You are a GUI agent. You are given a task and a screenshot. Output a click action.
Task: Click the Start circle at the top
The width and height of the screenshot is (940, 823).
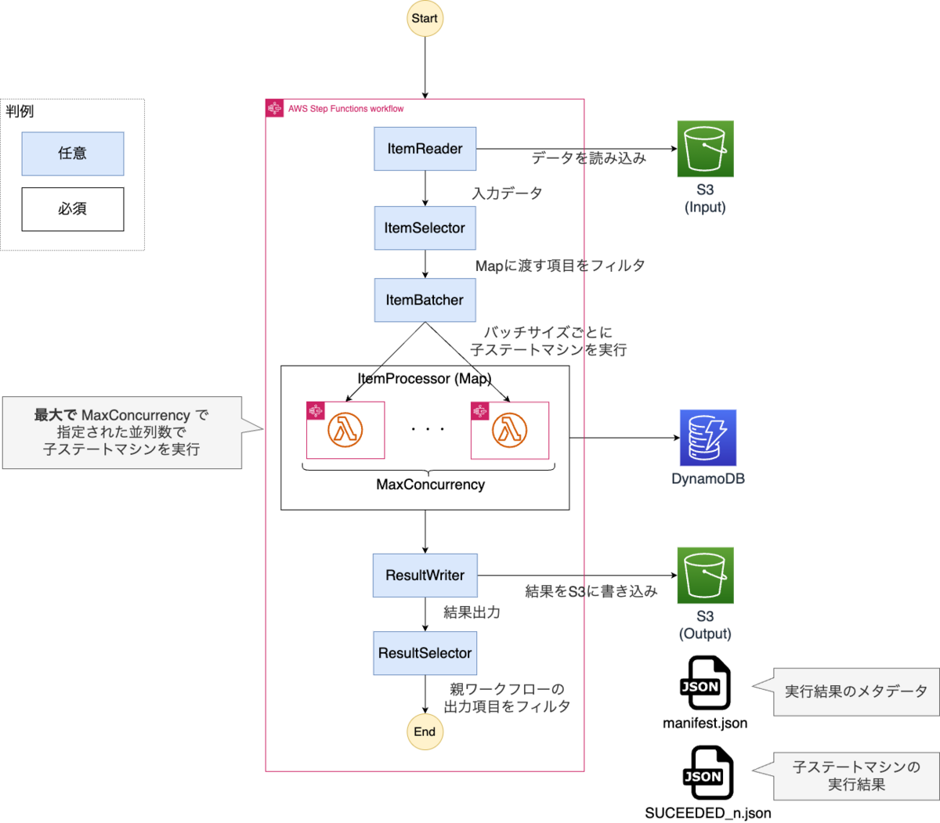[x=425, y=18]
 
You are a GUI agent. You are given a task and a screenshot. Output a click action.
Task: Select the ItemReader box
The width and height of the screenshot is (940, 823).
[x=425, y=149]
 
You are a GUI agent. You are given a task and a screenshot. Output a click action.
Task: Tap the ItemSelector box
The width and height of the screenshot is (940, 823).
[x=425, y=228]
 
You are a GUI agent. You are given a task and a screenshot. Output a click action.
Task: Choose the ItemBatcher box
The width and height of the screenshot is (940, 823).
[x=425, y=300]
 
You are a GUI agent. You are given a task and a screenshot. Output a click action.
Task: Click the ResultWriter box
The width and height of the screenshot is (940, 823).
[x=425, y=576]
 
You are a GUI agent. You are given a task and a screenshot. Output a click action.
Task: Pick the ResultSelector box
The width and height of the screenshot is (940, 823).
[x=425, y=653]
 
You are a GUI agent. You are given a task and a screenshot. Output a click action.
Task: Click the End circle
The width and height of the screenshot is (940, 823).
[x=425, y=731]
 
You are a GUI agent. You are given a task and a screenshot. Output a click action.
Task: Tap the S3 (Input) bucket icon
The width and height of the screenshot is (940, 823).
[x=705, y=149]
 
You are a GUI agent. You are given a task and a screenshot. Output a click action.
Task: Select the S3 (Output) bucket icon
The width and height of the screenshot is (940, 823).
[x=705, y=576]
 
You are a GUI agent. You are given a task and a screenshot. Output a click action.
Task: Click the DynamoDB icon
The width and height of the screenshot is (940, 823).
[x=708, y=438]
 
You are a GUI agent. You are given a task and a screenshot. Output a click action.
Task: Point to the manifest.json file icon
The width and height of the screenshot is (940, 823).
[x=705, y=684]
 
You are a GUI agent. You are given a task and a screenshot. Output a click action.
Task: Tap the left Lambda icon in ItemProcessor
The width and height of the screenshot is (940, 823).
[x=345, y=430]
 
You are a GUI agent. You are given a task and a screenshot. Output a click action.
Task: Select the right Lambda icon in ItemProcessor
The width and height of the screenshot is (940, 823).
[x=510, y=430]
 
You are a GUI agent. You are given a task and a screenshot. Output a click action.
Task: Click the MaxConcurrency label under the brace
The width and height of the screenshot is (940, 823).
[x=430, y=485]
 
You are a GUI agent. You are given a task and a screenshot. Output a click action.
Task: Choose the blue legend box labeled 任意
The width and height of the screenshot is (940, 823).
[x=72, y=153]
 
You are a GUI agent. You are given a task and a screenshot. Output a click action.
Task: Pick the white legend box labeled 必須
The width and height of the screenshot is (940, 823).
[x=72, y=209]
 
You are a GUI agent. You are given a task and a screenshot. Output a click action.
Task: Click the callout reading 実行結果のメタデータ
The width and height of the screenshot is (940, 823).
[x=855, y=691]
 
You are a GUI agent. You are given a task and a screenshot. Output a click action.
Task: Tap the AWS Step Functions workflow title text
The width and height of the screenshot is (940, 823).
[x=345, y=109]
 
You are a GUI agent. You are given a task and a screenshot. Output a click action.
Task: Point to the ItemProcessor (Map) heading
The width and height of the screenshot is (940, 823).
[x=425, y=379]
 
